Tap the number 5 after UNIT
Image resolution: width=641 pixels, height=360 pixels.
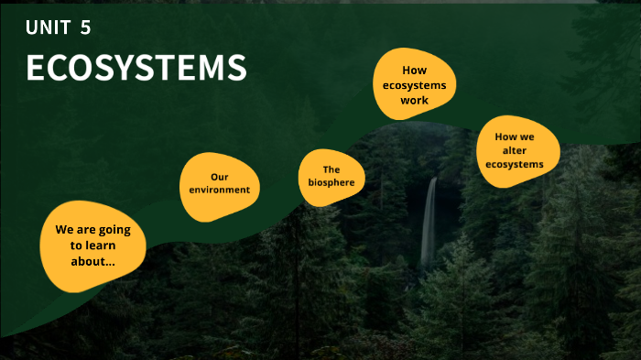(85, 28)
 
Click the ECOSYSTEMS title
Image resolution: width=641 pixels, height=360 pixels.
(136, 69)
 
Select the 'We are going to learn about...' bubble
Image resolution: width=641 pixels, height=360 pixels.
(92, 245)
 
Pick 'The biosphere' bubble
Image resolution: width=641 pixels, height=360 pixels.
(331, 176)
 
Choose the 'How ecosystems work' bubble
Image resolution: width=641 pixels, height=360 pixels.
(414, 84)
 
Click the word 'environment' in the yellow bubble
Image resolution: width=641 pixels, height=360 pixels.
(220, 190)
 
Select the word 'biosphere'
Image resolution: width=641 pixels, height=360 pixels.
(331, 182)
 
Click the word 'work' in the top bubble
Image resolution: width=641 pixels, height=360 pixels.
(414, 100)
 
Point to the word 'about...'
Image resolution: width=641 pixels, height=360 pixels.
(92, 262)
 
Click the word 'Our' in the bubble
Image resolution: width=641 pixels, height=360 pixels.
(219, 176)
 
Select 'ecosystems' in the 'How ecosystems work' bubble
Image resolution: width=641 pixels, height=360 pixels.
(414, 84)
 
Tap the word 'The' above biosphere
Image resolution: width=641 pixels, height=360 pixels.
(331, 169)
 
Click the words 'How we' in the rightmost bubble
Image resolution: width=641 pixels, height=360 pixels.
(515, 136)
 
